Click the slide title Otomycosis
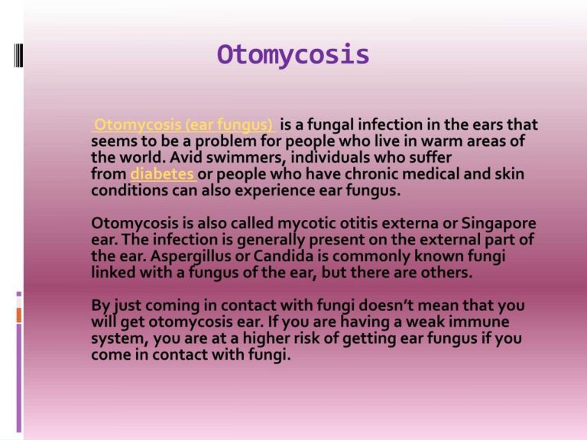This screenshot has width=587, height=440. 293,55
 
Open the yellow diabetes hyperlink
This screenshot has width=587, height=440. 162,174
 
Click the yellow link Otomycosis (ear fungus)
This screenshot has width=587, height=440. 183,125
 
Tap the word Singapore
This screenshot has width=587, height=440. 498,224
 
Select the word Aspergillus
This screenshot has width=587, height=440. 191,257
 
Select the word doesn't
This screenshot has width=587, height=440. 387,306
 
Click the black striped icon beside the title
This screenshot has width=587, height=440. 18,55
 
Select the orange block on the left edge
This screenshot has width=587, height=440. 19,315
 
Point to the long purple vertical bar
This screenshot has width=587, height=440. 19,378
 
